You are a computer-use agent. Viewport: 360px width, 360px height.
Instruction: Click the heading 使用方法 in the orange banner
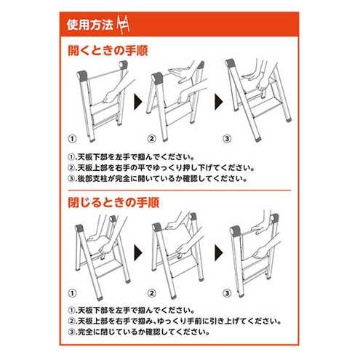tap(90, 25)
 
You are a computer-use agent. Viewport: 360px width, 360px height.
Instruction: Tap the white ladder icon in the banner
tap(123, 25)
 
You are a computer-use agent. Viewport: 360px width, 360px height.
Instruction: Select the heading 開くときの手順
tap(108, 51)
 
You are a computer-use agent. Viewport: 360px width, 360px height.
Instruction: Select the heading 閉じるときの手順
tap(113, 202)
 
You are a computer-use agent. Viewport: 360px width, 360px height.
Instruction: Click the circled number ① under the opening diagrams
tap(72, 139)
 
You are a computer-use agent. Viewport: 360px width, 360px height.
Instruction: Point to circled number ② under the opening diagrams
tap(152, 139)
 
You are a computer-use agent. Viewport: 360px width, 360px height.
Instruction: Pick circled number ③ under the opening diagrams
tap(227, 139)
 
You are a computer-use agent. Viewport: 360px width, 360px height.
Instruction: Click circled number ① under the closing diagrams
tap(72, 293)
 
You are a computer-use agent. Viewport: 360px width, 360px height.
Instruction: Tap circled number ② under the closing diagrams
tap(152, 293)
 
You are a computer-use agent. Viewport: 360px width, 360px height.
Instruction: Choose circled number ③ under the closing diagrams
tap(227, 293)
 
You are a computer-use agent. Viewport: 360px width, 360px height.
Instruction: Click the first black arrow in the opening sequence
tap(138, 102)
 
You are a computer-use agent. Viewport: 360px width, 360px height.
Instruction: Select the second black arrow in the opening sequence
tap(219, 102)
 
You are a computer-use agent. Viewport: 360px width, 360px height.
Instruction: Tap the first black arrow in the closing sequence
tap(138, 253)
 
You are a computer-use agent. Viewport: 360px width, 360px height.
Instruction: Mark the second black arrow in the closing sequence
tap(219, 253)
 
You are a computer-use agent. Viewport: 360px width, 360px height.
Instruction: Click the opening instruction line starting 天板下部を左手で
tap(132, 157)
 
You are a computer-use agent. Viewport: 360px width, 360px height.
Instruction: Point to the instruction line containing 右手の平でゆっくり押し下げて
tap(161, 168)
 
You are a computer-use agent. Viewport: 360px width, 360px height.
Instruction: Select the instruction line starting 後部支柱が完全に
tap(158, 179)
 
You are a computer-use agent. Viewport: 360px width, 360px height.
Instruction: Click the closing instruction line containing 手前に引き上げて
tap(175, 321)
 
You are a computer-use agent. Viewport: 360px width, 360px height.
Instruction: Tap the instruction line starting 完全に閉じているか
tap(139, 332)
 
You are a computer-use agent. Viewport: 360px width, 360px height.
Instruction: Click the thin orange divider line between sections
tap(180, 191)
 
